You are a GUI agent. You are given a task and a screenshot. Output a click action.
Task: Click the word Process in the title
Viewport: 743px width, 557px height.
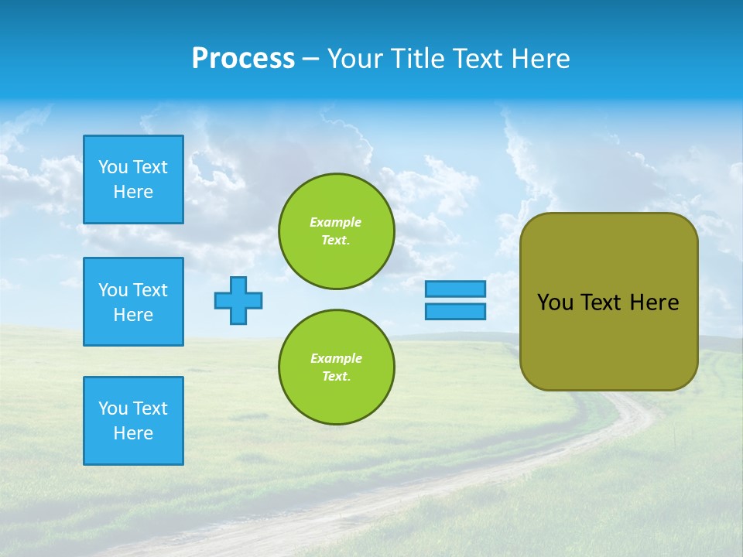point(243,59)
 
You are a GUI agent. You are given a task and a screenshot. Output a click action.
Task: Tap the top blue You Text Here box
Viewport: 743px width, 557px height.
point(133,179)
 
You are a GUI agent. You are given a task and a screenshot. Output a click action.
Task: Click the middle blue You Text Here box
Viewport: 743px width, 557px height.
point(133,302)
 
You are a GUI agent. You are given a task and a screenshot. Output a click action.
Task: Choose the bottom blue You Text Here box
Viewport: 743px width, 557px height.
point(133,421)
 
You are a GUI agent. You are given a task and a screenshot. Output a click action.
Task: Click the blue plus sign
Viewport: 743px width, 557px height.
point(238,300)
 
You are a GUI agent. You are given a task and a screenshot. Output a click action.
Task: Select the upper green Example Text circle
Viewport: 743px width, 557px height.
point(337,231)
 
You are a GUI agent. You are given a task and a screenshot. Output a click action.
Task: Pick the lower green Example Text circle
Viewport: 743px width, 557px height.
point(337,367)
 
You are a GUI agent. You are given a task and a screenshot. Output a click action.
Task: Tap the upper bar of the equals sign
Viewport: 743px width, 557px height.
point(456,289)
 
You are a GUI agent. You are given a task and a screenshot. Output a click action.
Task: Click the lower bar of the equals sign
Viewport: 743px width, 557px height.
point(456,311)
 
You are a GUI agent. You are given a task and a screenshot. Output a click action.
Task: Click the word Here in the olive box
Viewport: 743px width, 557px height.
point(654,302)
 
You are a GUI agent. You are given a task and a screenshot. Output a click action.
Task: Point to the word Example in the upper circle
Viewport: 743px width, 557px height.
point(336,222)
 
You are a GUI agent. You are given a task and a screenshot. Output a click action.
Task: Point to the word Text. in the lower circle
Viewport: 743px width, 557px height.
point(336,377)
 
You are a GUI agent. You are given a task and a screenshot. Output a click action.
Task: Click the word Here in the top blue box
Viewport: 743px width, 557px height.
point(133,192)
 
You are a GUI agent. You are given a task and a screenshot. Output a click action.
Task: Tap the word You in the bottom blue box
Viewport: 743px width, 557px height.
point(113,408)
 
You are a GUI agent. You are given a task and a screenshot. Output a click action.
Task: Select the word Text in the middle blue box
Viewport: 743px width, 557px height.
point(150,290)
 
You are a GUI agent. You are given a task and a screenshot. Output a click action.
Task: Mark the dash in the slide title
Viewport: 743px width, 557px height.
point(311,60)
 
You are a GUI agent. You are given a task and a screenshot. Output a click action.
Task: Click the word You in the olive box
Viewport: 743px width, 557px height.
point(555,302)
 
